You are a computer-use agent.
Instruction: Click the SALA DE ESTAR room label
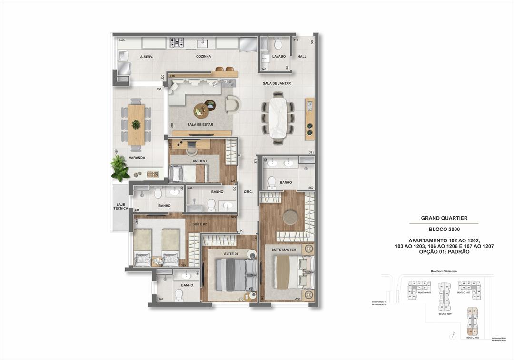pyautogui.click(x=200, y=125)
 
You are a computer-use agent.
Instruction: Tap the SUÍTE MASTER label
pyautogui.click(x=284, y=250)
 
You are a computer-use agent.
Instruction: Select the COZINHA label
pyautogui.click(x=203, y=56)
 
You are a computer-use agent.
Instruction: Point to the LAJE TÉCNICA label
pyautogui.click(x=120, y=208)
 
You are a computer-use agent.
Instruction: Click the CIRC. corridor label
pyautogui.click(x=248, y=192)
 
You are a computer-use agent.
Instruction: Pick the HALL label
pyautogui.click(x=302, y=56)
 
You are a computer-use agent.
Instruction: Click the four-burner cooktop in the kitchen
pyautogui.click(x=177, y=42)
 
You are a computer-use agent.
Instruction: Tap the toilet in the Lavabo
pyautogui.click(x=278, y=44)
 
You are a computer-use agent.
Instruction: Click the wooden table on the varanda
pyautogui.click(x=136, y=124)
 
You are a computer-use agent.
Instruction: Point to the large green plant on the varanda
pyautogui.click(x=120, y=169)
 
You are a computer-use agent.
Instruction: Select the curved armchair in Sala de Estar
pyautogui.click(x=233, y=104)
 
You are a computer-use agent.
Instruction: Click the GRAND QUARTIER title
pyautogui.click(x=444, y=218)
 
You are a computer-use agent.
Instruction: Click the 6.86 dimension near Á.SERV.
pyautogui.click(x=122, y=40)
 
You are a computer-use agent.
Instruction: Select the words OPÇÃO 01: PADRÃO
pyautogui.click(x=444, y=251)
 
